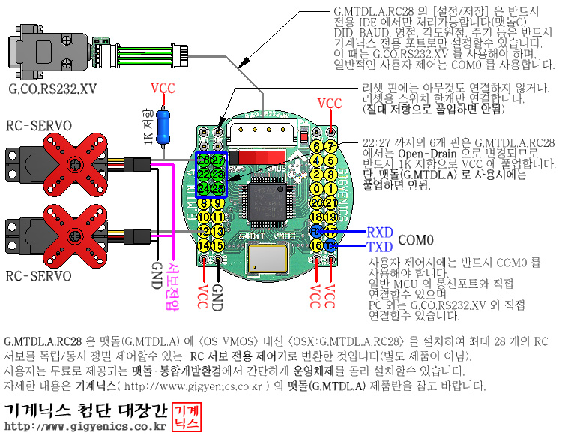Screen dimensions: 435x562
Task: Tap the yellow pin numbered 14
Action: tap(203, 244)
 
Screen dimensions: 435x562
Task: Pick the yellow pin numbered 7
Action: tap(331, 146)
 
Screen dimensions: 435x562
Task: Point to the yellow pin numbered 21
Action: tap(331, 202)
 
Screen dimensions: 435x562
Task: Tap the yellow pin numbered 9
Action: tap(218, 202)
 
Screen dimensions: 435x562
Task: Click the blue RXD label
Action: tap(380, 232)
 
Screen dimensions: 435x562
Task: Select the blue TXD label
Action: tap(380, 246)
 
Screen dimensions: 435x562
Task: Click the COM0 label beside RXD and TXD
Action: tap(417, 240)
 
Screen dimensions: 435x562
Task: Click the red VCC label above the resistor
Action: tap(163, 88)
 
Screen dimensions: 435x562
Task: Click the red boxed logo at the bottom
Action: tap(187, 416)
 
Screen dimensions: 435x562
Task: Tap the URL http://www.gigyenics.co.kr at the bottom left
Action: tap(85, 427)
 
